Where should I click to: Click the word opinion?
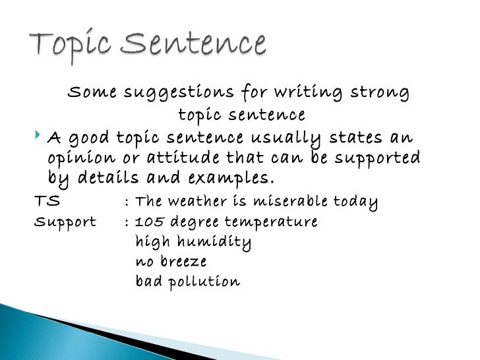79,159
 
